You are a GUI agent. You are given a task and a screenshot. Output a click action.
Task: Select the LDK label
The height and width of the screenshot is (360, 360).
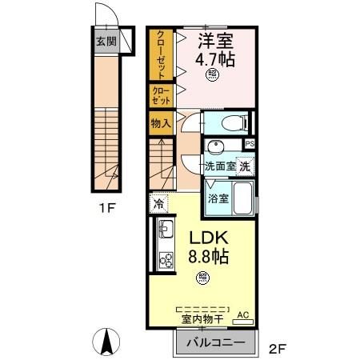click(209, 239)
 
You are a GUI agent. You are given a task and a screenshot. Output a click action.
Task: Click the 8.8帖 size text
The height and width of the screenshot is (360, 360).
click(209, 258)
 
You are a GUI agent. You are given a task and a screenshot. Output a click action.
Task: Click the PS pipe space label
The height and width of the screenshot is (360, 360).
click(250, 144)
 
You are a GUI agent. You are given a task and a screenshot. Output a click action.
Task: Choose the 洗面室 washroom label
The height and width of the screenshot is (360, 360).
click(219, 167)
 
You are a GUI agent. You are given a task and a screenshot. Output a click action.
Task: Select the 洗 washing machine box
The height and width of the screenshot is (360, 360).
click(246, 167)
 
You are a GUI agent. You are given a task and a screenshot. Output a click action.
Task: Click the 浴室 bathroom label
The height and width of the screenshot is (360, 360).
click(218, 198)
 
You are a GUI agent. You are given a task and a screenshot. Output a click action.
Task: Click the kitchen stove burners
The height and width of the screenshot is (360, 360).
click(166, 260)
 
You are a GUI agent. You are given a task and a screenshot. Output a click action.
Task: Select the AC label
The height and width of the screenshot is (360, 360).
click(242, 316)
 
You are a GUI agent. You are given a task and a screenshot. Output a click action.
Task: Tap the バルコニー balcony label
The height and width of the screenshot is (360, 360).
click(214, 342)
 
